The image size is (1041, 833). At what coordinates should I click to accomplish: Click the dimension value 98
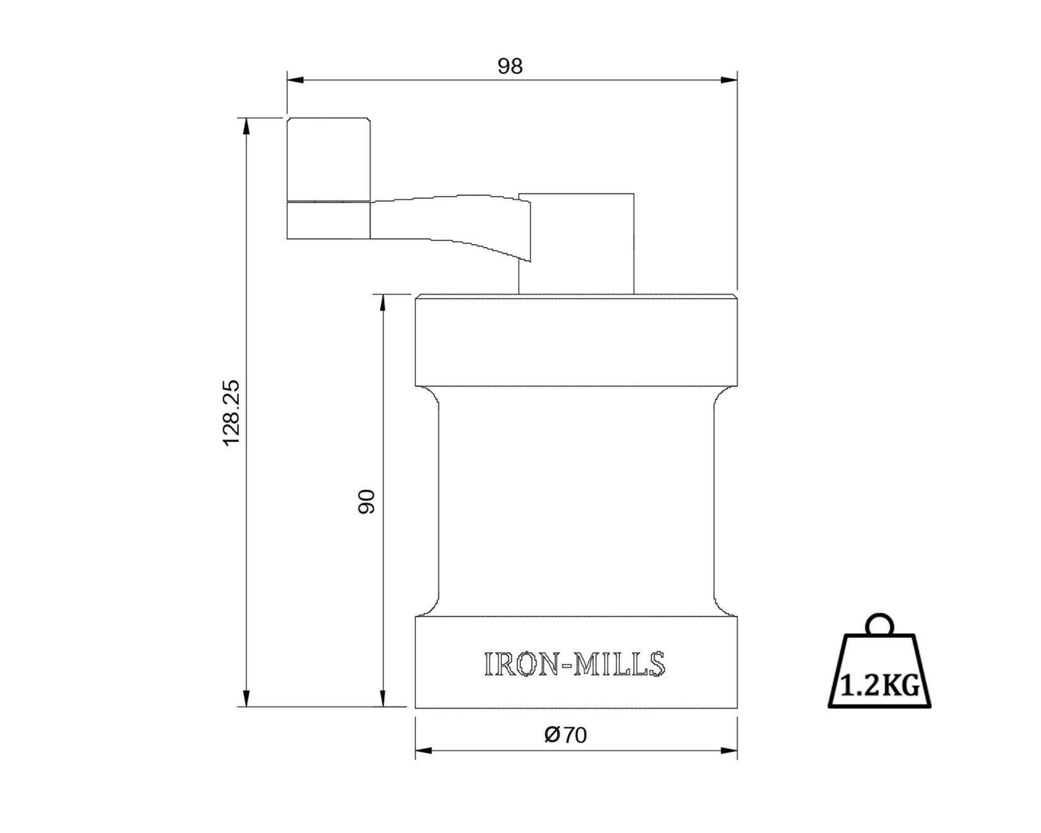pos(510,66)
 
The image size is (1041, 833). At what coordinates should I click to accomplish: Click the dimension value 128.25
pos(231,412)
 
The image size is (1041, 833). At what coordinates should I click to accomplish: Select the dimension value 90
pos(367,501)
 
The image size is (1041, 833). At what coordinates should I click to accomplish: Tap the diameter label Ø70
pos(565,735)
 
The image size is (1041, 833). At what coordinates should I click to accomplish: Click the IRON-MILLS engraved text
pos(574,664)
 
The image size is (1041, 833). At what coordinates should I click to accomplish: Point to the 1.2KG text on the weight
pos(880,686)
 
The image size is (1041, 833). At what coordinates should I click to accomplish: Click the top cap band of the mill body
pos(576,342)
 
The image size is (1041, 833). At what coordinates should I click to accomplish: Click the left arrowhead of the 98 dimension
pos(295,80)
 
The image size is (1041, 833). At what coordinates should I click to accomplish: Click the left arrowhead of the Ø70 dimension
pos(423,751)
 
